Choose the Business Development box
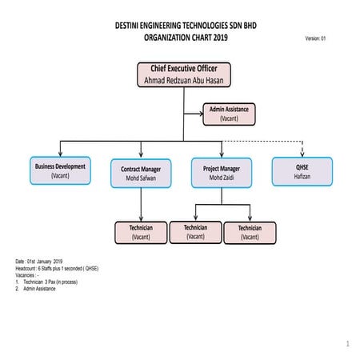pyautogui.click(x=60, y=170)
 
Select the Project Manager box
pyautogui.click(x=222, y=173)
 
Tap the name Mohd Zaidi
pyautogui.click(x=222, y=178)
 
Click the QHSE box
pyautogui.click(x=302, y=170)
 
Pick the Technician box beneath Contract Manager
pyautogui.click(x=141, y=232)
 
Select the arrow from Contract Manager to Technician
pyautogui.click(x=141, y=205)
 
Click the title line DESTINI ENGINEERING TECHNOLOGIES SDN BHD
pyautogui.click(x=186, y=26)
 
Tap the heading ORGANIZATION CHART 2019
pyautogui.click(x=186, y=37)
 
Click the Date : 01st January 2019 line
pyautogui.click(x=44, y=262)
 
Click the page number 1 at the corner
pyautogui.click(x=348, y=344)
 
